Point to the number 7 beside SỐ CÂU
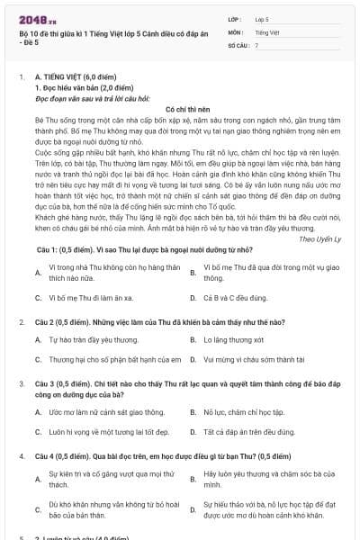256,44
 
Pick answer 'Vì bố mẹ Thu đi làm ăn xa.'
93,296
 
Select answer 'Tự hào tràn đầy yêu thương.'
92,340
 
